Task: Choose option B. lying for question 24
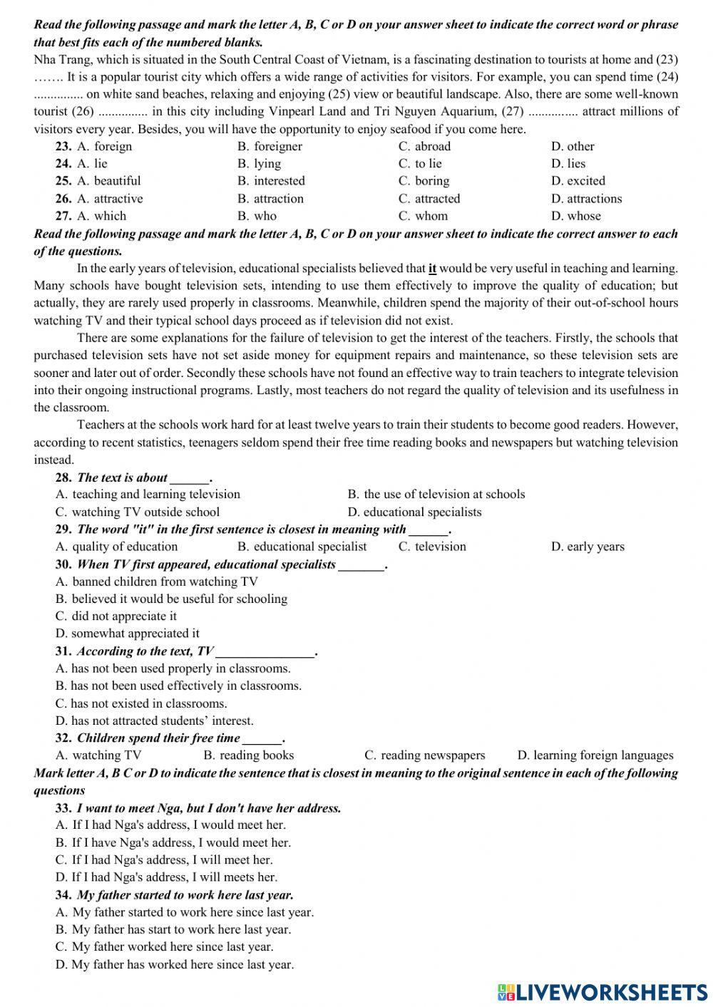(260, 163)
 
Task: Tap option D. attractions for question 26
(586, 199)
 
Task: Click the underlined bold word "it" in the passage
(432, 269)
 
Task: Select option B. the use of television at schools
(436, 494)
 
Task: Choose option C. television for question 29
(432, 547)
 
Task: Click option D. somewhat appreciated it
(128, 633)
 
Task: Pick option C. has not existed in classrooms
(141, 703)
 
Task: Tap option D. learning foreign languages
(595, 755)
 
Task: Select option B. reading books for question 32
(248, 755)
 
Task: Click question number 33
(63, 808)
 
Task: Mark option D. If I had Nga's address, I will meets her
(166, 877)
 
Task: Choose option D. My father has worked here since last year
(174, 964)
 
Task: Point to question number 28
(63, 477)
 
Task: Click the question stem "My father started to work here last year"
(185, 895)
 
